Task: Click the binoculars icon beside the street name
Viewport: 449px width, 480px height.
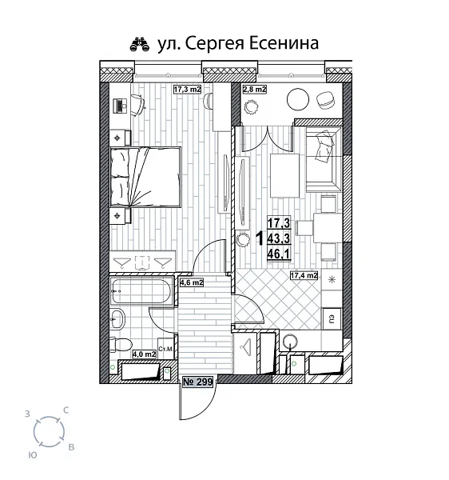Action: click(x=140, y=43)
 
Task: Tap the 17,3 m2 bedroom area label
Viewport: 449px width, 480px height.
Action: click(x=188, y=90)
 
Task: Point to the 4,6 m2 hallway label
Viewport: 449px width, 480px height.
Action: click(x=192, y=282)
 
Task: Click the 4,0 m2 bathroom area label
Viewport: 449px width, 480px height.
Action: click(x=145, y=354)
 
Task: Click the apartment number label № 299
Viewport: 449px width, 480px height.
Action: click(x=199, y=383)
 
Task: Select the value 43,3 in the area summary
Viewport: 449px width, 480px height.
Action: click(x=279, y=238)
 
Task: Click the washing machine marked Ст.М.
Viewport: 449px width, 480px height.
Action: click(x=166, y=349)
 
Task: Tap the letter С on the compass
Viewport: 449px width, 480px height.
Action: click(x=65, y=410)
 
